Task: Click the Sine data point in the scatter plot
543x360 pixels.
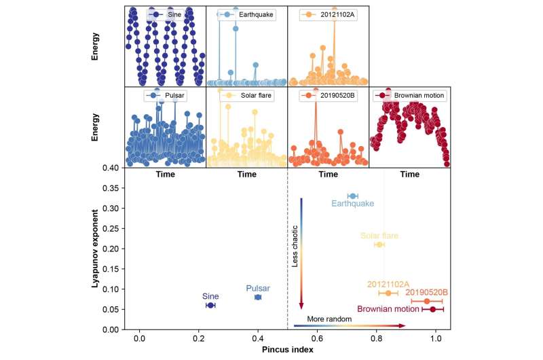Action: [210, 305]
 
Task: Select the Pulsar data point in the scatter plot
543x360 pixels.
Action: [258, 298]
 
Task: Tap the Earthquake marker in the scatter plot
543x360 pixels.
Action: [352, 196]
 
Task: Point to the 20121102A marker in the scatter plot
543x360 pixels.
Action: [388, 293]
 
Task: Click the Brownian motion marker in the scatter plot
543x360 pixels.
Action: [432, 310]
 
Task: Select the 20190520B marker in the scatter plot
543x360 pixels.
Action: [426, 301]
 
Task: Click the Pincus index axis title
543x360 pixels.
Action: [288, 350]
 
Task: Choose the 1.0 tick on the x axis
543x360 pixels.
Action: [435, 338]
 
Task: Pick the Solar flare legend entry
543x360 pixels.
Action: [246, 95]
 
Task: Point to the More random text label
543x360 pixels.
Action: [329, 319]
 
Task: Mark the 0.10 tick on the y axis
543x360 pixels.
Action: [113, 289]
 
